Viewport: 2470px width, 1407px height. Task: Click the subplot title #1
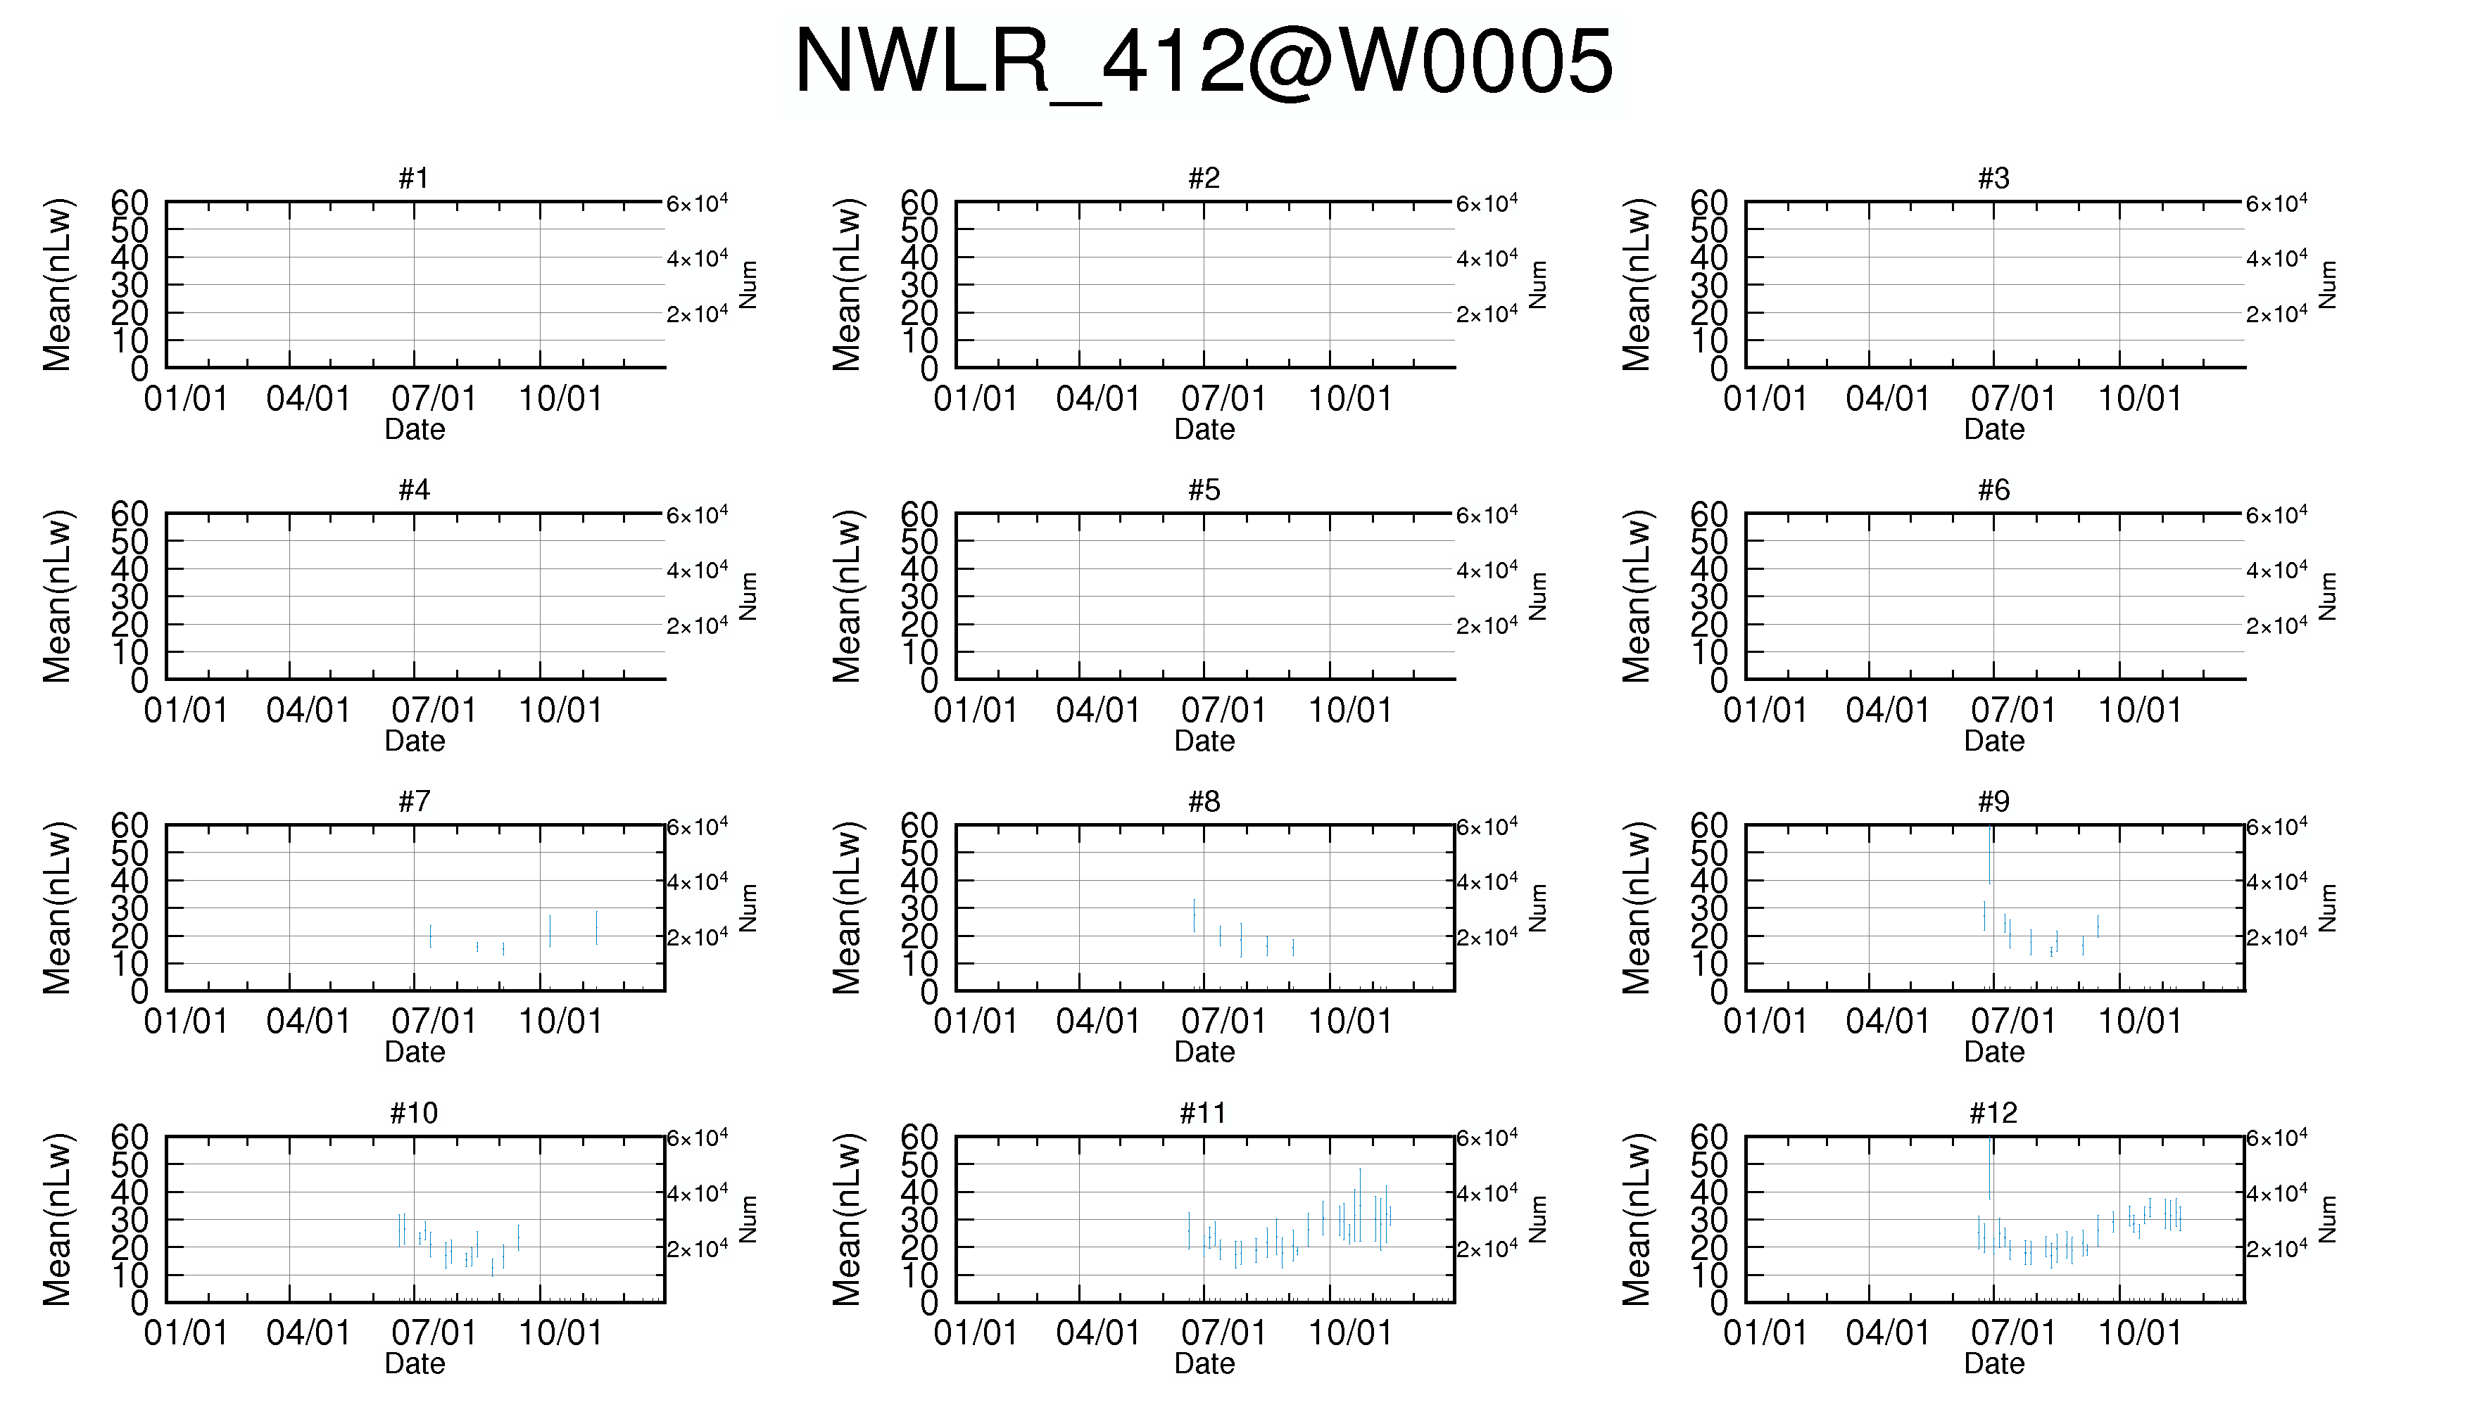point(414,178)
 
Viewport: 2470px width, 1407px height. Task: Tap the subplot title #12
point(1993,1113)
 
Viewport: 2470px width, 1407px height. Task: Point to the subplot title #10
point(414,1113)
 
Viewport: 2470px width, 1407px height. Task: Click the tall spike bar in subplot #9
point(1989,855)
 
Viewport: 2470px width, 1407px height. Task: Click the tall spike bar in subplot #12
point(1989,1169)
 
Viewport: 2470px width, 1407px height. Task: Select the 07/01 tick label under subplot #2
point(1223,398)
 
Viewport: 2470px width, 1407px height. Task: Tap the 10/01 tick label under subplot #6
point(2139,711)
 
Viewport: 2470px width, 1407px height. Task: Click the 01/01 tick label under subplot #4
point(186,711)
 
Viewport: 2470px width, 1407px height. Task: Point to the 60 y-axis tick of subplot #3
point(1708,203)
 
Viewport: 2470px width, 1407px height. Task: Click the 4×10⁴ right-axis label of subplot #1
point(697,258)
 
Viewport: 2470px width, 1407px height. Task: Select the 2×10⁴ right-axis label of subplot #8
point(1487,936)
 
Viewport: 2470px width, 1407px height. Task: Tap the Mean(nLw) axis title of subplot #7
point(57,908)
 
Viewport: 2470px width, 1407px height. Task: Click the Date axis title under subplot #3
point(1993,429)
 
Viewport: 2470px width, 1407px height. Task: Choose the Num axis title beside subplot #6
point(2328,597)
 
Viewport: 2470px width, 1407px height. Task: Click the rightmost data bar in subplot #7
point(596,928)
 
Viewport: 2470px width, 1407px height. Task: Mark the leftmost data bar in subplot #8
point(1194,915)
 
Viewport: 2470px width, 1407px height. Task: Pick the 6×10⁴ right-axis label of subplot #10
point(697,1138)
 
